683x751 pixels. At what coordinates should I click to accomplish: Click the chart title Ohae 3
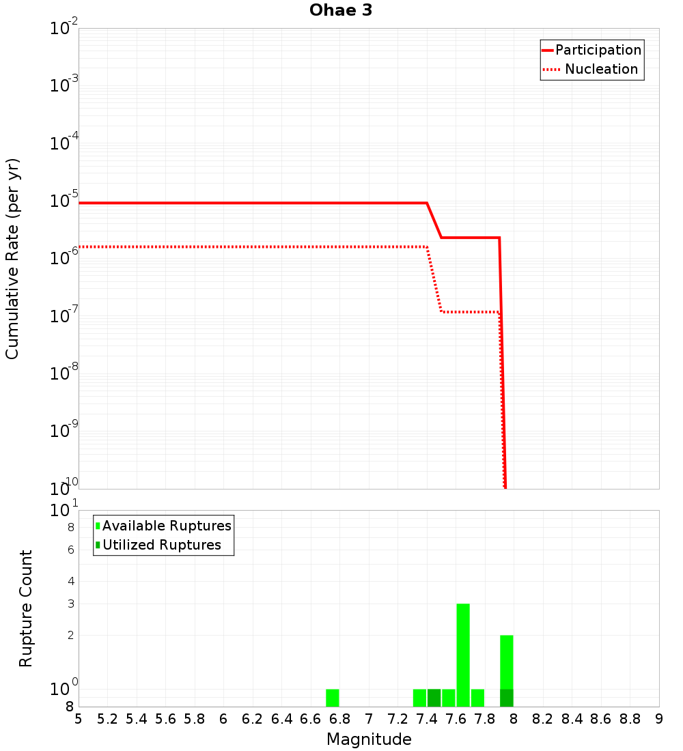pyautogui.click(x=341, y=11)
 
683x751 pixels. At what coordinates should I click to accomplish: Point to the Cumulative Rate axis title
pyautogui.click(x=12, y=258)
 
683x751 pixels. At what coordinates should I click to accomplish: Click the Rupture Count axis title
pyautogui.click(x=26, y=608)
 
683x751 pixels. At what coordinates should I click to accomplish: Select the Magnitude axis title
pyautogui.click(x=369, y=739)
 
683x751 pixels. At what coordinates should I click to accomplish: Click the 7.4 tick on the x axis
pyautogui.click(x=427, y=718)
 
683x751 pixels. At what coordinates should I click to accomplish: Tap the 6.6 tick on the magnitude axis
pyautogui.click(x=311, y=718)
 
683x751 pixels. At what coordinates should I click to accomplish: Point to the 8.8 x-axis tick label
pyautogui.click(x=630, y=718)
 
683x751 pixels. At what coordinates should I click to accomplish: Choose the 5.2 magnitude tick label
pyautogui.click(x=107, y=718)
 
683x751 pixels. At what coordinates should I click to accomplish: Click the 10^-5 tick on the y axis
pyautogui.click(x=63, y=201)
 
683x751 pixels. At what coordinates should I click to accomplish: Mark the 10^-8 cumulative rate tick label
pyautogui.click(x=63, y=373)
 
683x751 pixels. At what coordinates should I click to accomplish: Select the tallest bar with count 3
pyautogui.click(x=463, y=654)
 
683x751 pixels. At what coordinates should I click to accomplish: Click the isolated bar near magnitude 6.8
pyautogui.click(x=333, y=698)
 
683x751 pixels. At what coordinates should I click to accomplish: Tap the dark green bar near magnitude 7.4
pyautogui.click(x=434, y=698)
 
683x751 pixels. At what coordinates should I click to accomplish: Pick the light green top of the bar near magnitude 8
pyautogui.click(x=506, y=661)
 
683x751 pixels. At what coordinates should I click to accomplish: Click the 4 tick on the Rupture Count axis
pyautogui.click(x=70, y=581)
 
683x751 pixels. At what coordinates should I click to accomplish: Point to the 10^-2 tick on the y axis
pyautogui.click(x=63, y=29)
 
